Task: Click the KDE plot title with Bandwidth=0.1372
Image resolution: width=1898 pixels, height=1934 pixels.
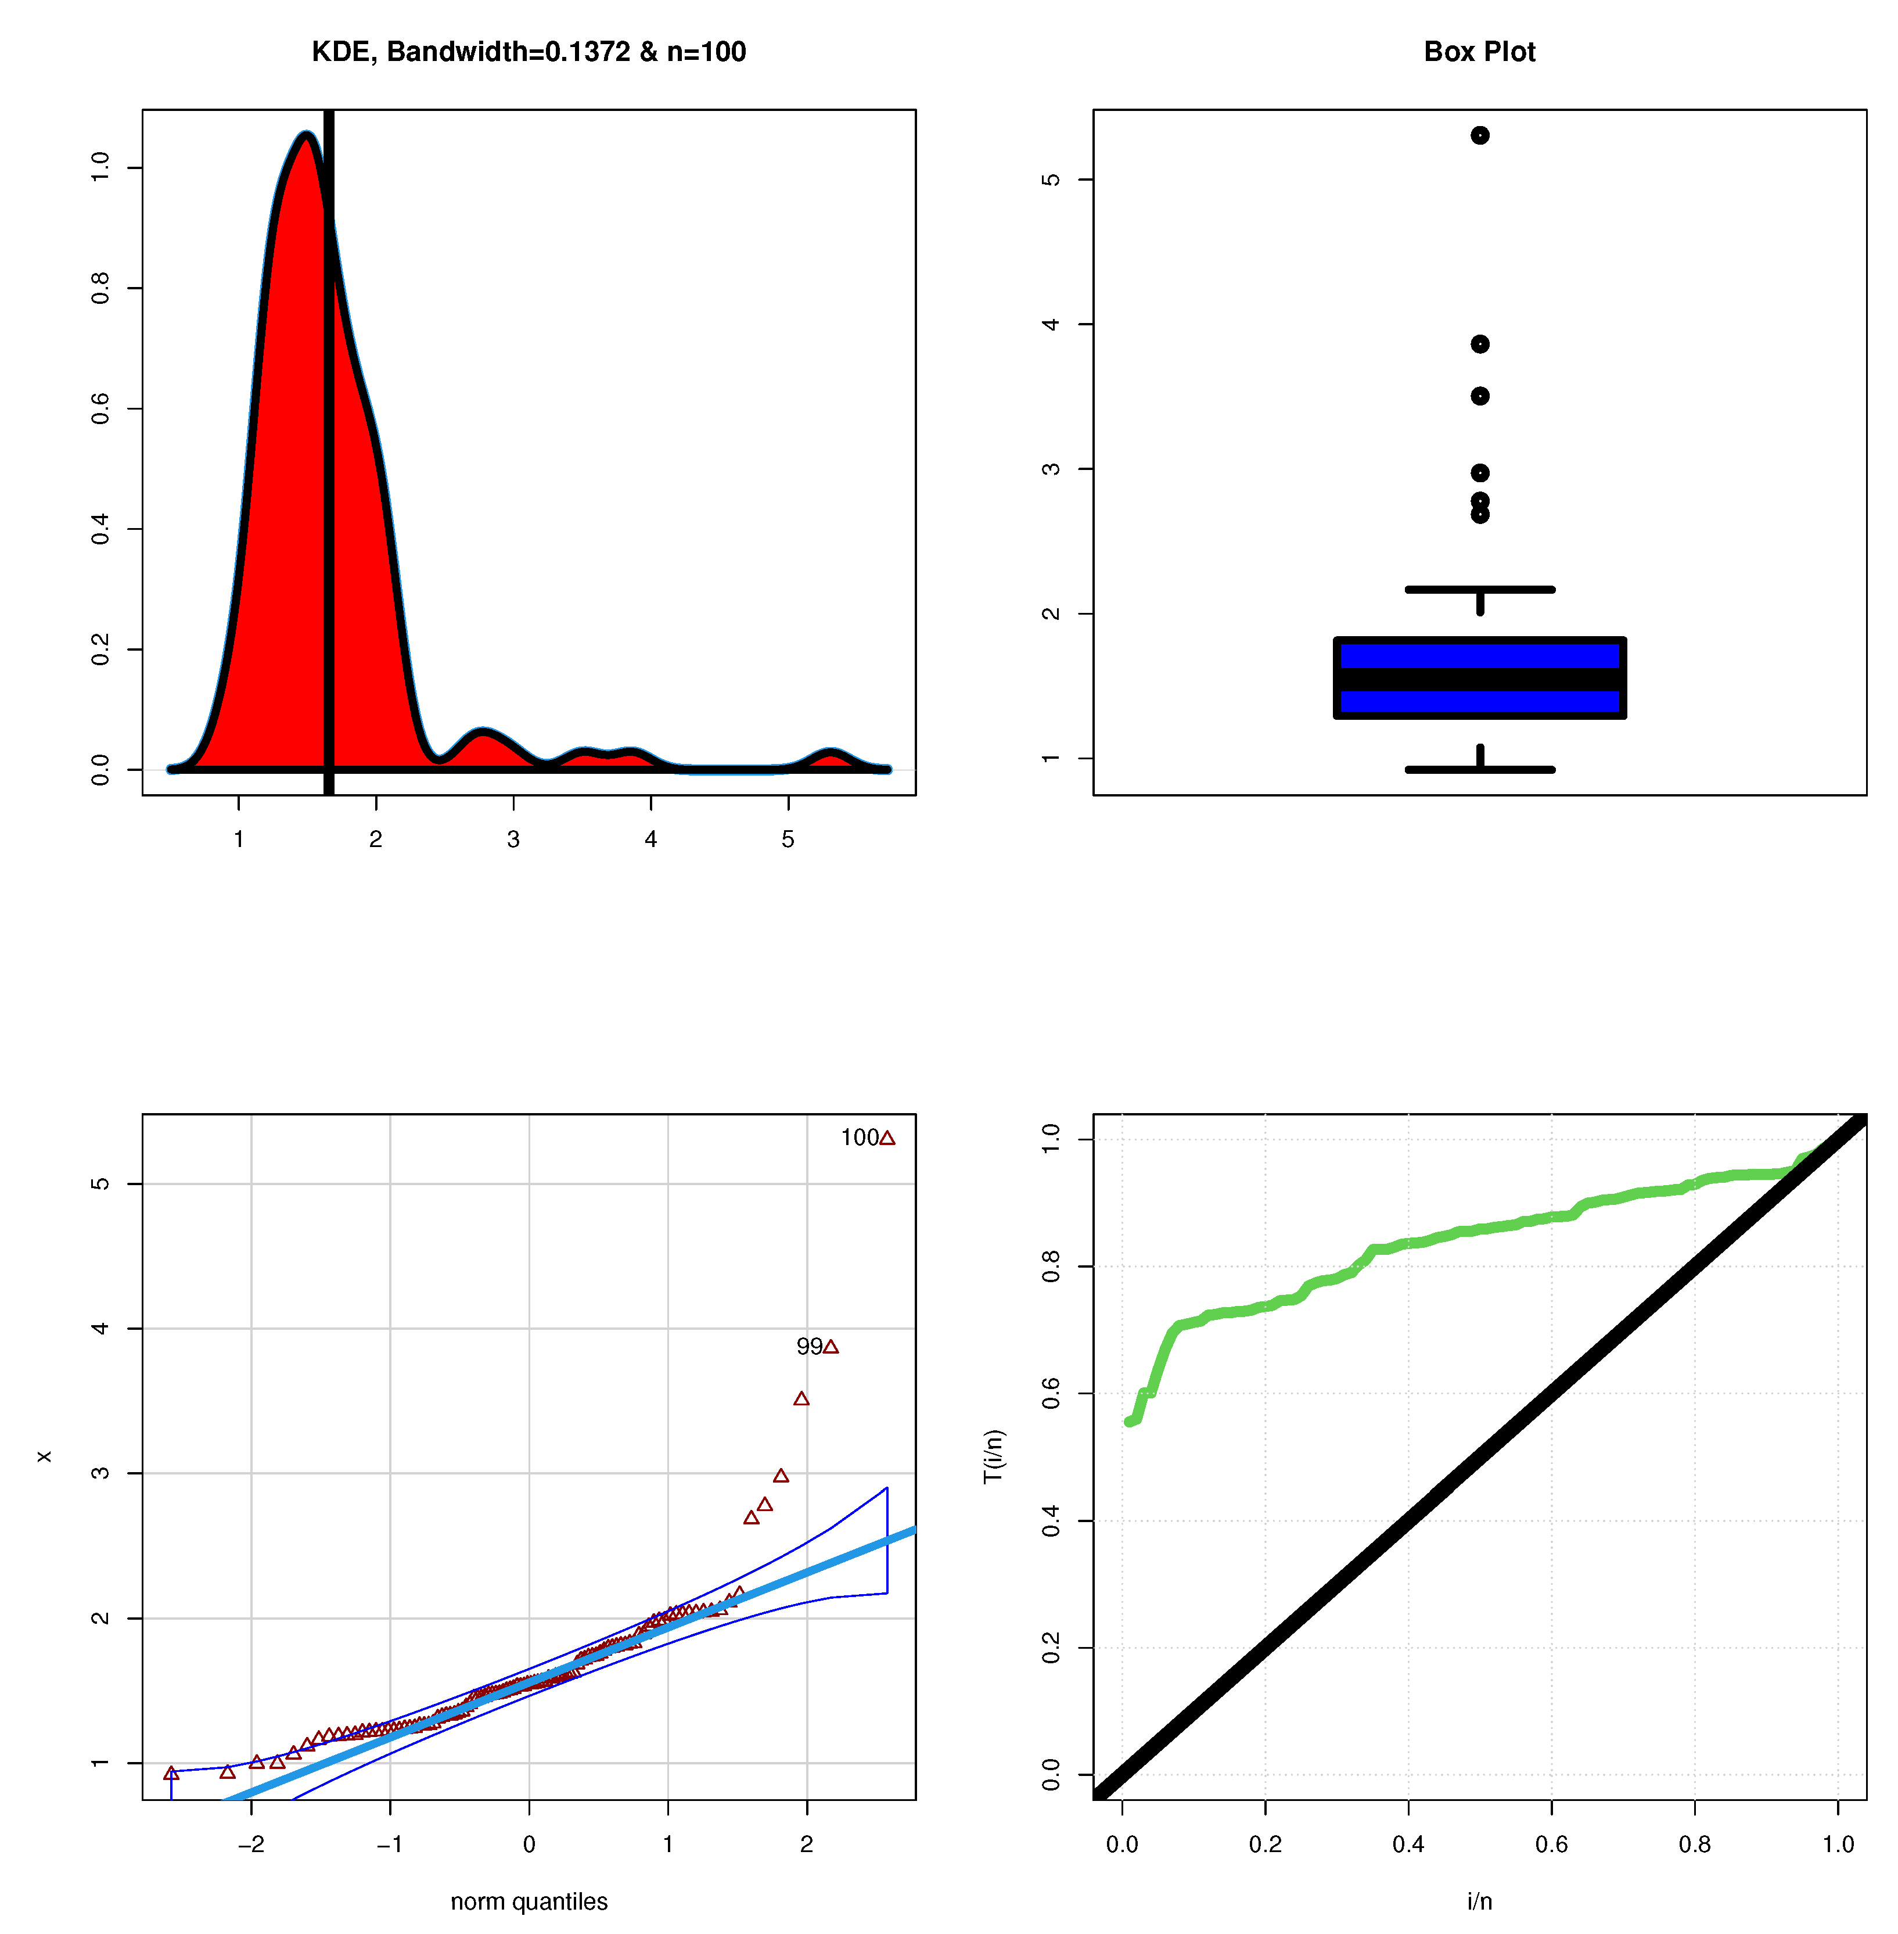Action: click(x=529, y=52)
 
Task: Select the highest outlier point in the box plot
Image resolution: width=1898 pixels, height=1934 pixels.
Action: click(x=1479, y=135)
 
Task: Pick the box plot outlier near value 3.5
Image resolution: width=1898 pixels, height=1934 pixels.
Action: click(x=1479, y=396)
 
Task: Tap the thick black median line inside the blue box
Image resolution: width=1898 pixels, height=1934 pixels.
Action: click(x=1479, y=680)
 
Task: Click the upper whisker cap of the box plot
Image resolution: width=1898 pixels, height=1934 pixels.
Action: click(x=1479, y=589)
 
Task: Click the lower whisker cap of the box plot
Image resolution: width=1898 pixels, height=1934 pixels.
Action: click(x=1479, y=770)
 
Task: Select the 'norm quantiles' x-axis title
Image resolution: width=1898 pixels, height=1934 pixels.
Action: click(x=529, y=1901)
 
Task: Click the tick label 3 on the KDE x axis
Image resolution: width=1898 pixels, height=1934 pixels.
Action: click(x=513, y=839)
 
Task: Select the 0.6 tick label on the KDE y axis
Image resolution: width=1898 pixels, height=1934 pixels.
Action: click(x=100, y=409)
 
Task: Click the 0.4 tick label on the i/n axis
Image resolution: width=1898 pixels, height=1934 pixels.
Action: click(x=1408, y=1845)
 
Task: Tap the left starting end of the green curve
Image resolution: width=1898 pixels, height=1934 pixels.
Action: click(x=1130, y=1422)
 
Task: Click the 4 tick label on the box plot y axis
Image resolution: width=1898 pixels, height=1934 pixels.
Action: click(x=1051, y=324)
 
